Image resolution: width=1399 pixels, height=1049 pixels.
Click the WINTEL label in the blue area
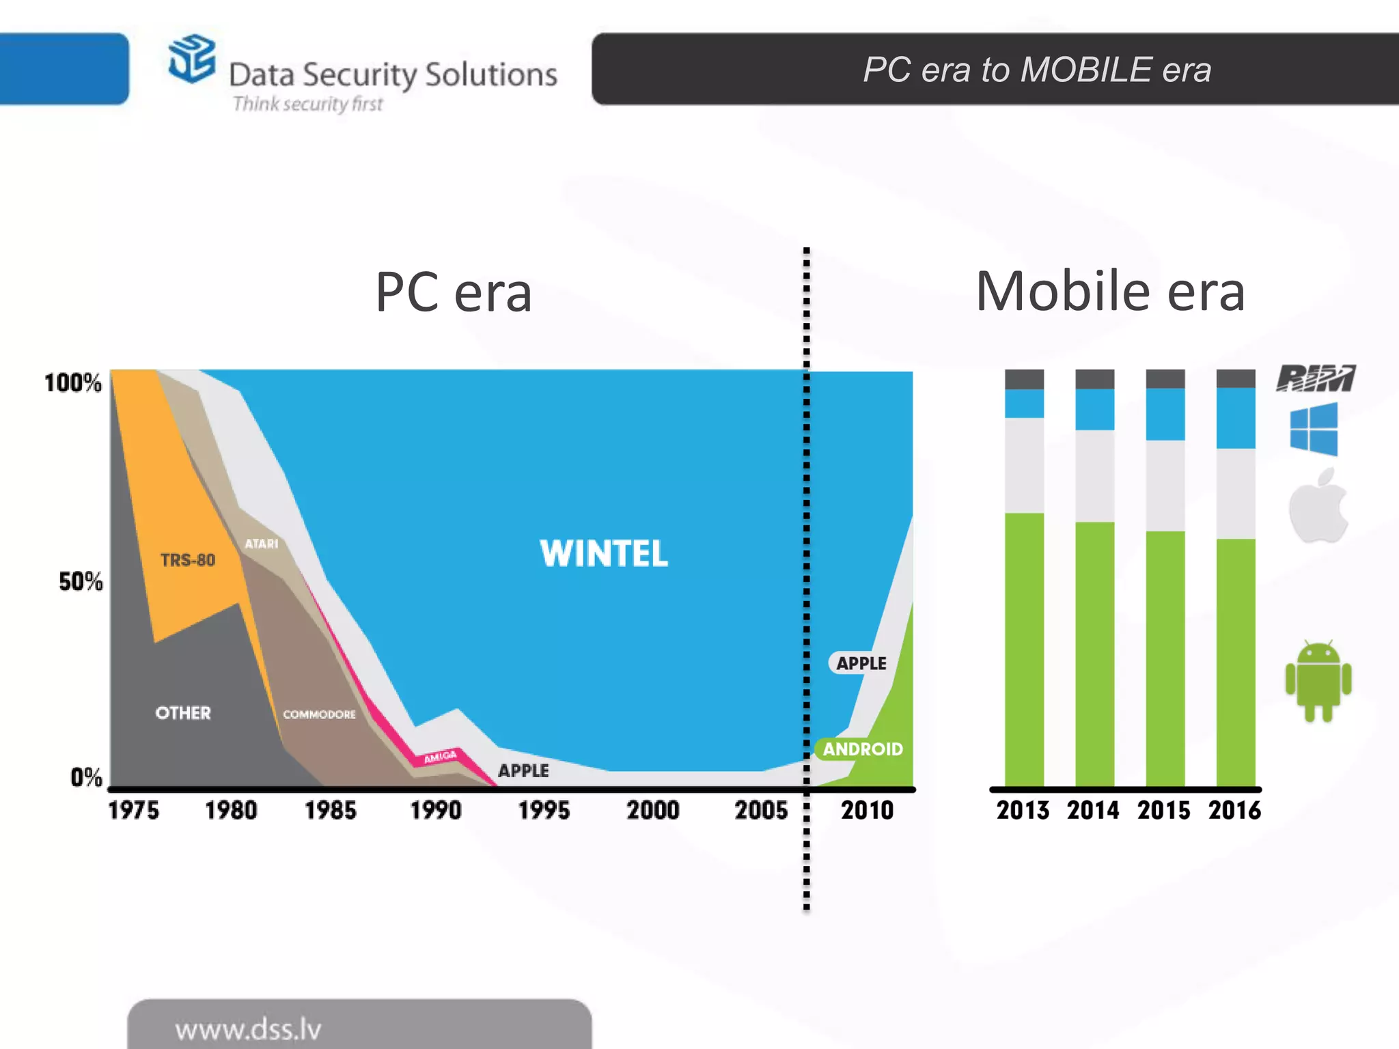tap(604, 553)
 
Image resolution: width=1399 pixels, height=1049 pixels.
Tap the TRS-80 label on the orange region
tap(188, 561)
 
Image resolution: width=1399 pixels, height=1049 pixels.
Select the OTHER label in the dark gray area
tap(183, 713)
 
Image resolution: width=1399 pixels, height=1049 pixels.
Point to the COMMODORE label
tap(319, 714)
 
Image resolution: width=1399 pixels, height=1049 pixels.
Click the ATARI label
tap(262, 544)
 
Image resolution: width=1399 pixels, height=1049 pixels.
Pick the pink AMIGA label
tap(440, 757)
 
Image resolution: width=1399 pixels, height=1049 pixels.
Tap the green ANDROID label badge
tap(862, 749)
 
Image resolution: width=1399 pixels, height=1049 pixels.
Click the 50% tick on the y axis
tap(81, 582)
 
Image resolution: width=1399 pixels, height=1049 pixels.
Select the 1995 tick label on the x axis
tap(544, 811)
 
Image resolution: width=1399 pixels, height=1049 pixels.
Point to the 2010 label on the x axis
tap(867, 811)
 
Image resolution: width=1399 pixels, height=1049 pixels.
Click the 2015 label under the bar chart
tap(1163, 811)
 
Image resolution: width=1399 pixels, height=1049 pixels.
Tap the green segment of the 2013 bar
tap(1024, 649)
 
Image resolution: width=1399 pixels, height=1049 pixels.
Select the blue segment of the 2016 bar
tap(1236, 418)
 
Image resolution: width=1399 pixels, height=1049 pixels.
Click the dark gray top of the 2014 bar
tap(1094, 379)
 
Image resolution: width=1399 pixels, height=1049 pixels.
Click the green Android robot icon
tap(1318, 682)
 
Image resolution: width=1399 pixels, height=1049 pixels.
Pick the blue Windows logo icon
tap(1314, 429)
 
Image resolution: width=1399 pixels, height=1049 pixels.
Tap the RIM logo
tap(1316, 378)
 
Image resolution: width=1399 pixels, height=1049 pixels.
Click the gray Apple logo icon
tap(1318, 507)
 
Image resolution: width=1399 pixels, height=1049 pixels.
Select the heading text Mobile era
tap(1110, 292)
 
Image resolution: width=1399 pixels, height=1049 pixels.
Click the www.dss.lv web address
tap(248, 1029)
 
